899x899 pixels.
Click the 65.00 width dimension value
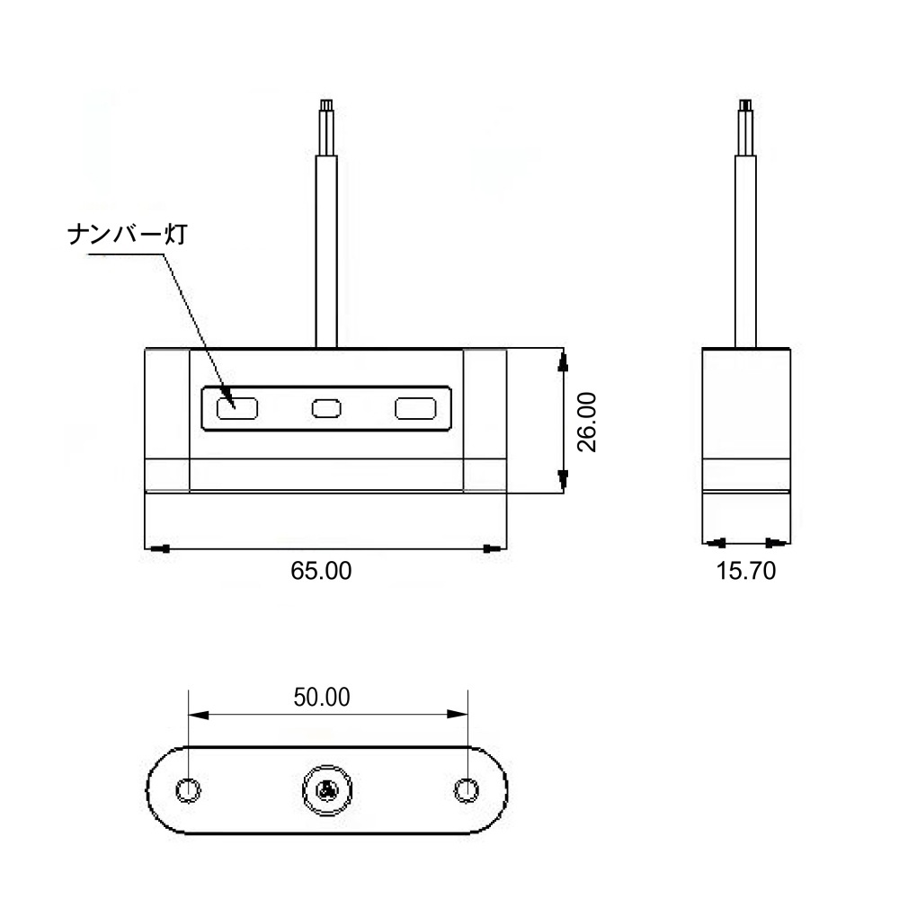[321, 571]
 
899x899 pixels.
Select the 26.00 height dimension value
[586, 422]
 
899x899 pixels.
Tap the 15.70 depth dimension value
[746, 571]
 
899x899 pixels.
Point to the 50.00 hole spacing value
[322, 698]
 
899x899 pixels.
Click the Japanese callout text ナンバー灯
[128, 235]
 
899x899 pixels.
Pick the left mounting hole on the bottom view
[188, 790]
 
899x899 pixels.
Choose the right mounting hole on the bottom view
[466, 790]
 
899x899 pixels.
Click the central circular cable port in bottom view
[327, 790]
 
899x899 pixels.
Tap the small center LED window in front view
[326, 409]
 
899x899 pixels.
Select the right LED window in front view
[415, 409]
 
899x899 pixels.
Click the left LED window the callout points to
[237, 409]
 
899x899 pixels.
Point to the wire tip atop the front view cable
[326, 104]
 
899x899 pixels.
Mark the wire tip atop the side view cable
[745, 104]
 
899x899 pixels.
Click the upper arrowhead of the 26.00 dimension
[563, 362]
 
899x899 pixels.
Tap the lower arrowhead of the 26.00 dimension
[563, 480]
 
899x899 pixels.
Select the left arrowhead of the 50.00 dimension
[199, 715]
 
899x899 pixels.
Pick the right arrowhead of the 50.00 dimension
[458, 715]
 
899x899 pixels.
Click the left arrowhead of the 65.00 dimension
[160, 548]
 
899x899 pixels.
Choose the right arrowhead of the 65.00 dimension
[492, 548]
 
